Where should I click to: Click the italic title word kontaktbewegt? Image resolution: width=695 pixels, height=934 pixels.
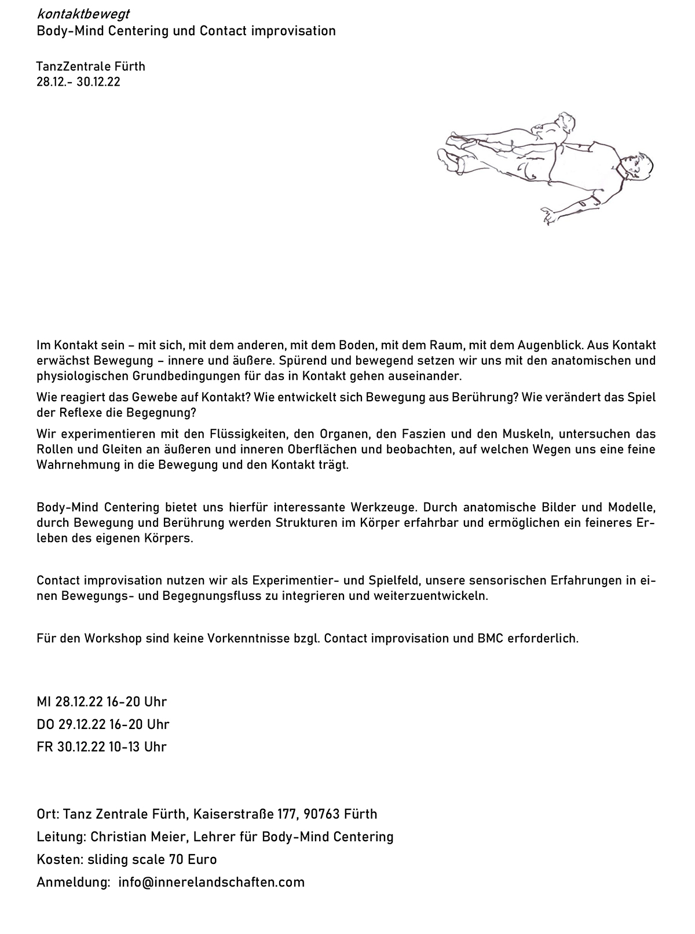(83, 14)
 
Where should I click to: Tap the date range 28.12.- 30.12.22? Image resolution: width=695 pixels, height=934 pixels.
(78, 82)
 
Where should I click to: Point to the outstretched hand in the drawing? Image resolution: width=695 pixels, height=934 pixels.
(547, 215)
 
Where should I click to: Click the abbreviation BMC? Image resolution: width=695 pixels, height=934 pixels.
(491, 639)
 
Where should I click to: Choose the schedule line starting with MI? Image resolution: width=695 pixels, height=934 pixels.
(101, 702)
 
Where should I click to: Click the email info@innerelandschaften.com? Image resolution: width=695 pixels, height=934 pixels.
(211, 882)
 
